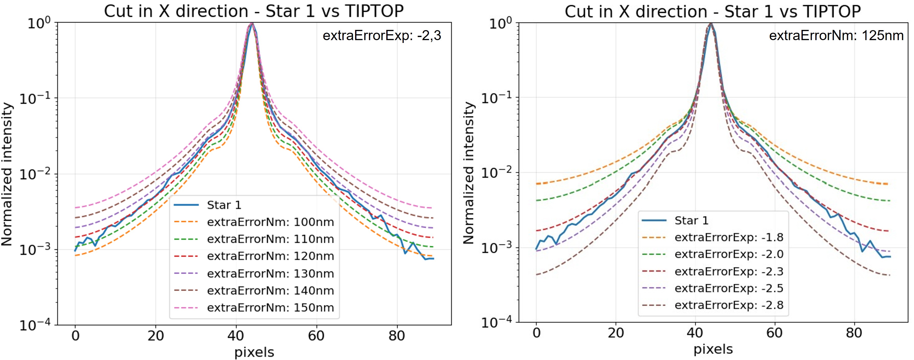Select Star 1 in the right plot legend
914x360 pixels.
pyautogui.click(x=691, y=220)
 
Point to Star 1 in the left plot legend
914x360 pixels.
pyautogui.click(x=224, y=205)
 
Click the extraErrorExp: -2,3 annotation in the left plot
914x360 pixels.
pyautogui.click(x=382, y=36)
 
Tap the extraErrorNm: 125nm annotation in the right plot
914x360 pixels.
pyautogui.click(x=836, y=36)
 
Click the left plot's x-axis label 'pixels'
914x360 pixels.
pyautogui.click(x=254, y=352)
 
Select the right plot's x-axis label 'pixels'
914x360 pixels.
pyautogui.click(x=713, y=349)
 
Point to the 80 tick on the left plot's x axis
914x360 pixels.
pyautogui.click(x=396, y=335)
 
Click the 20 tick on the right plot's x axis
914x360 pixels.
pyautogui.click(x=616, y=333)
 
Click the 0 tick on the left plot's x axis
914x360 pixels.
pyautogui.click(x=75, y=335)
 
